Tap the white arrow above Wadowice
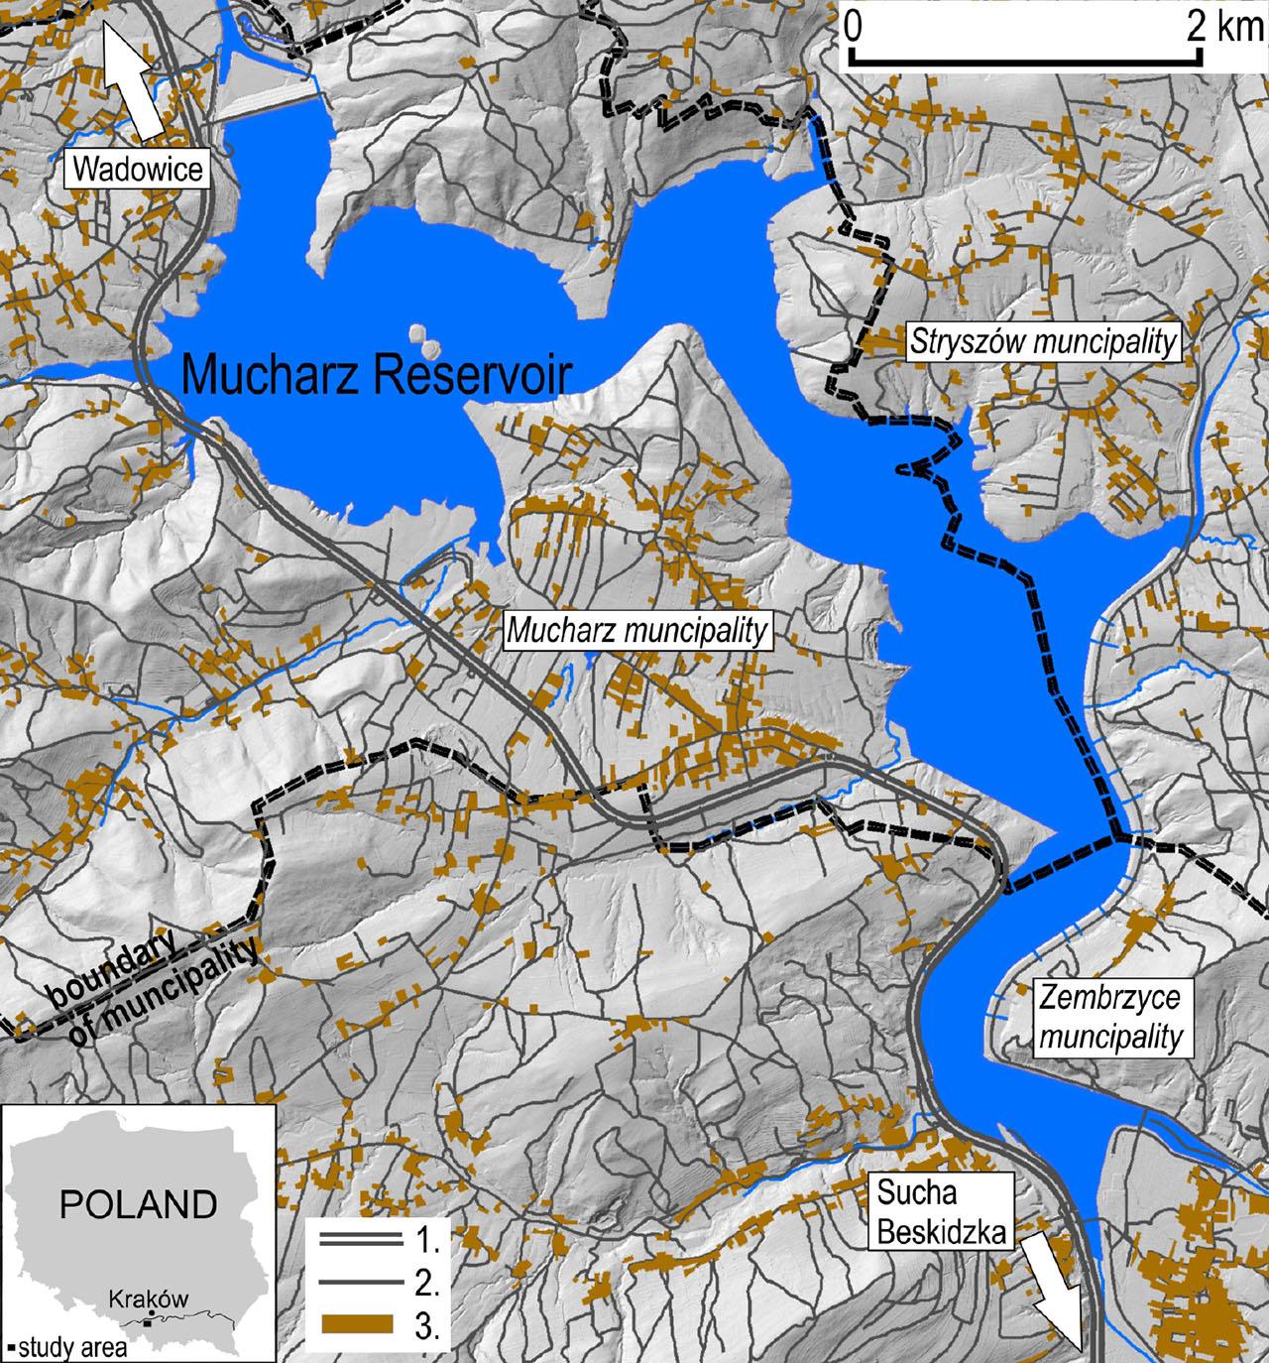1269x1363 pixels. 136,84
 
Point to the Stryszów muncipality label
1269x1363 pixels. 1044,343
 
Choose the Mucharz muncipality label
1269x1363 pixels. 637,631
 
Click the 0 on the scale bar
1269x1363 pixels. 852,26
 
